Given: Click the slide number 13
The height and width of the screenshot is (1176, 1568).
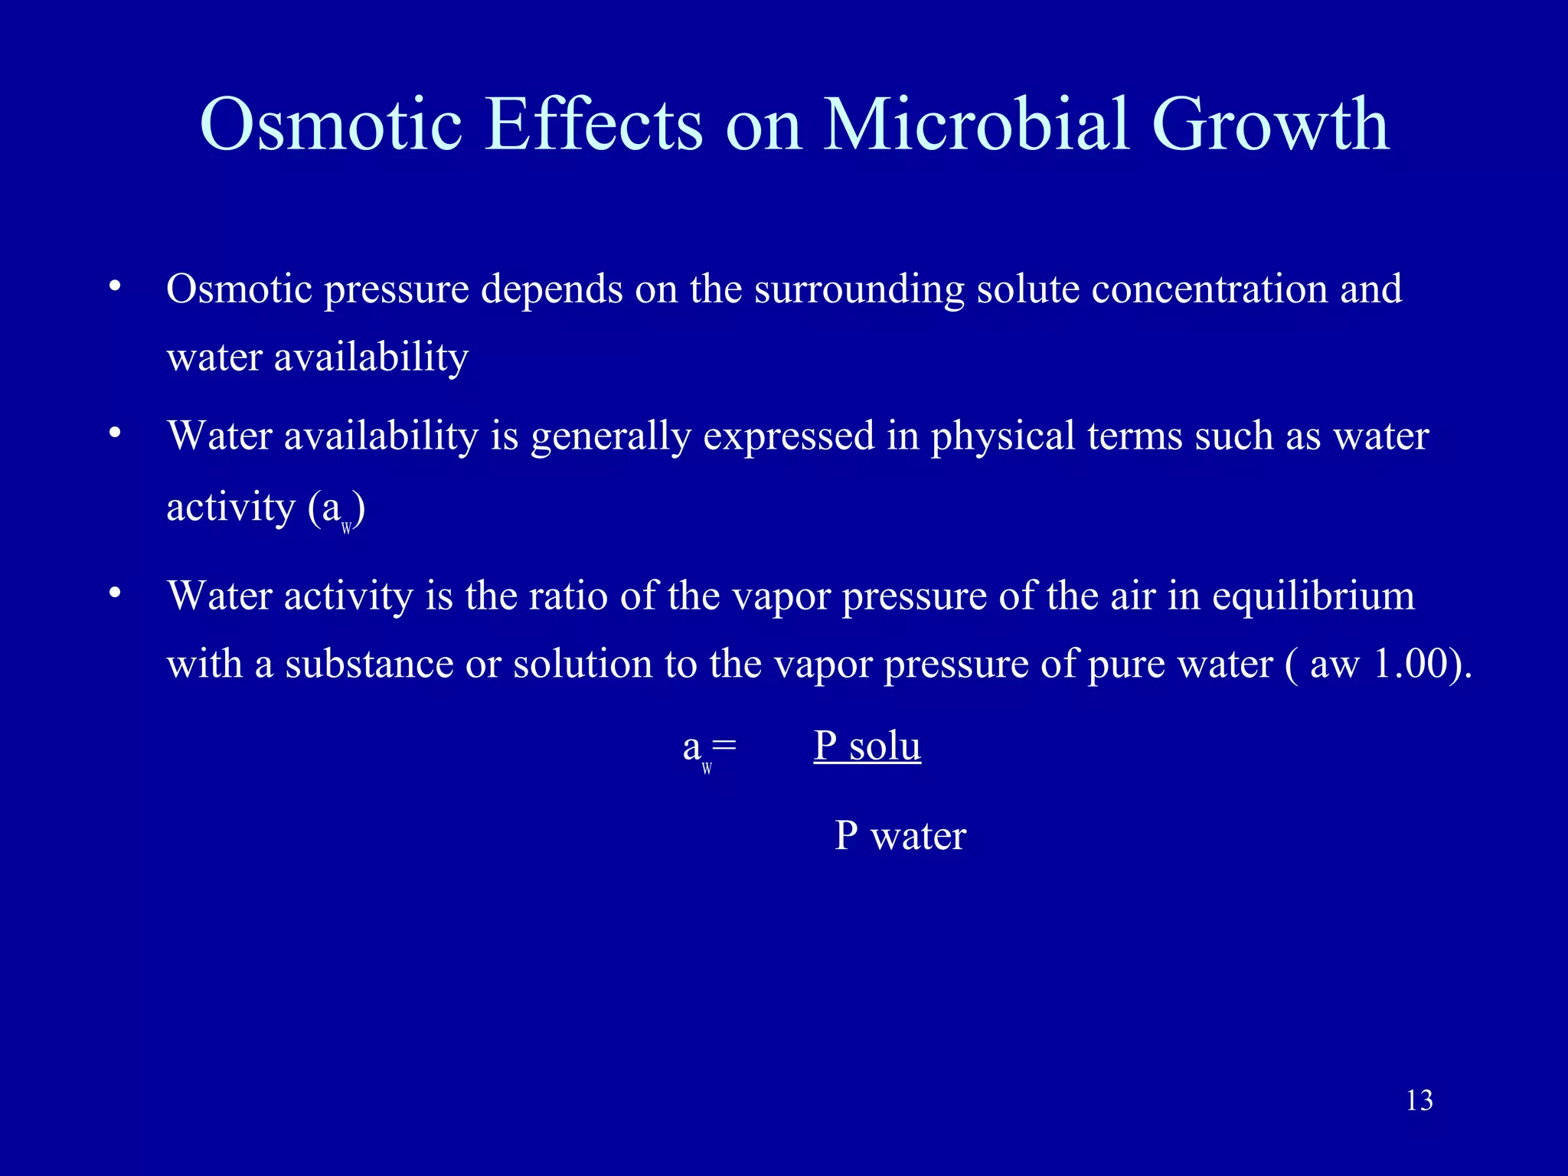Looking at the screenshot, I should pos(1419,1101).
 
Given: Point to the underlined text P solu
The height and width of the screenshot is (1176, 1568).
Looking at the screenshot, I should pos(867,746).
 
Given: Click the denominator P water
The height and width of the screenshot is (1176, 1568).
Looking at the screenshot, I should pos(900,835).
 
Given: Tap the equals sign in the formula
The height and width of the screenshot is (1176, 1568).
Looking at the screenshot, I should pos(724,745).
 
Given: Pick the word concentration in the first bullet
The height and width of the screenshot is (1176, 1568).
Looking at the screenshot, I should pos(1209,289).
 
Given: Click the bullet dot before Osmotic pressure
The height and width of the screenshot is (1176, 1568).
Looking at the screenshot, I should pos(115,287).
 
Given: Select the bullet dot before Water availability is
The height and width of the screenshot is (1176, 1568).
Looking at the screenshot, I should pos(115,434).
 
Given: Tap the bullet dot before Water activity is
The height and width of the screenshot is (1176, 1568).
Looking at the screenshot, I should pos(115,593).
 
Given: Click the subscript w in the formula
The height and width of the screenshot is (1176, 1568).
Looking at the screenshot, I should pos(707,769).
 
